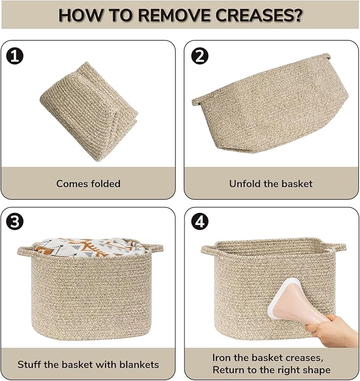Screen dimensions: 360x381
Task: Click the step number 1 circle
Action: tap(15, 56)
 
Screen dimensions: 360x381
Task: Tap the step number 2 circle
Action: tap(199, 56)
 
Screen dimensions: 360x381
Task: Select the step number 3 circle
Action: tap(15, 221)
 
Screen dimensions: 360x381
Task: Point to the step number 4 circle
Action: tap(199, 221)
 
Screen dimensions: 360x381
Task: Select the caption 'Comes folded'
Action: tap(88, 184)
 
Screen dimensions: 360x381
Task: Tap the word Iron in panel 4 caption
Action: tap(220, 358)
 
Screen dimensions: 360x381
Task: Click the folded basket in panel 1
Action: tap(89, 111)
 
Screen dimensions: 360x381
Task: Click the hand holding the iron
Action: tap(331, 331)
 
